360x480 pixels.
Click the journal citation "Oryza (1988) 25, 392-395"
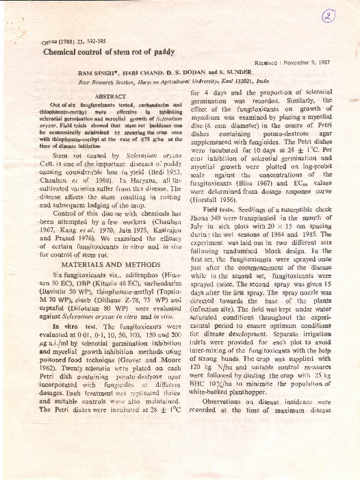coord(59,40)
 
